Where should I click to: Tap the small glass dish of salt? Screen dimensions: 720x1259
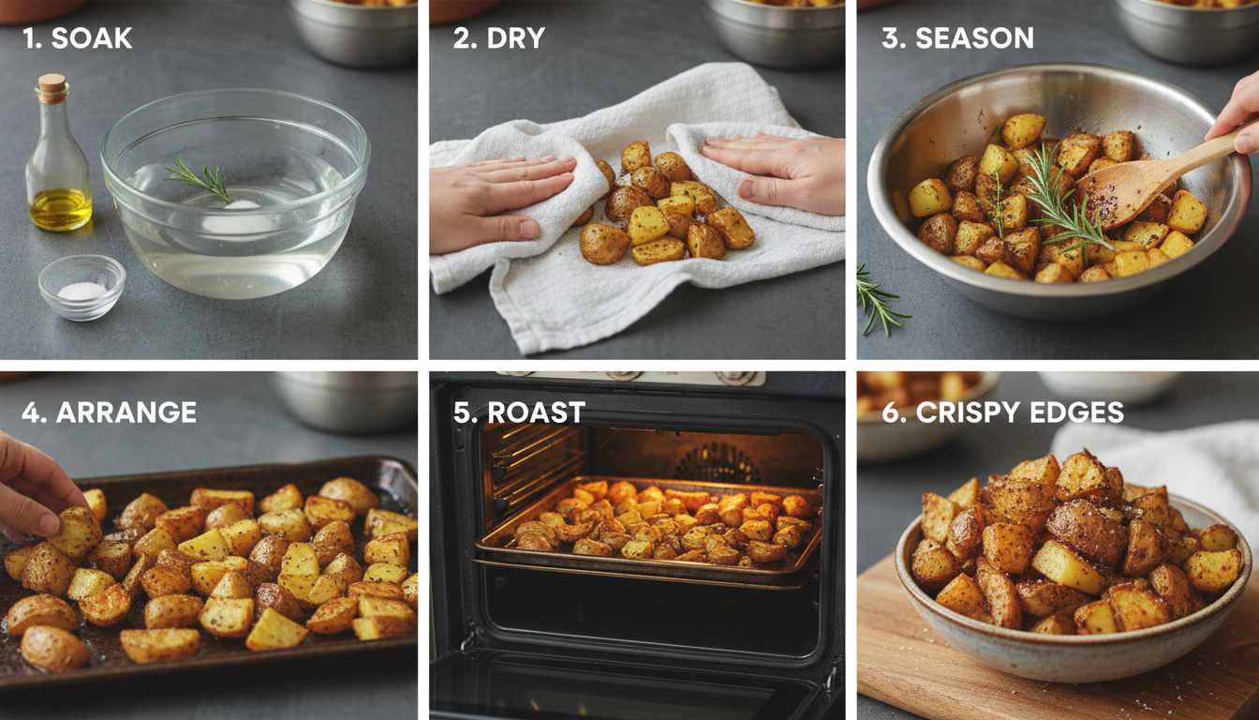81,286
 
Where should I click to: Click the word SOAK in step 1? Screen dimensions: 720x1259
92,38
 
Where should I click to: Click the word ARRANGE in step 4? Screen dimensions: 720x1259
126,412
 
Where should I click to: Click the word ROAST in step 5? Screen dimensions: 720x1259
533,412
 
